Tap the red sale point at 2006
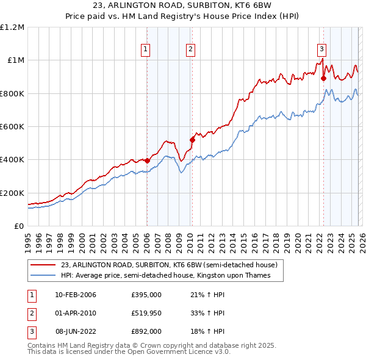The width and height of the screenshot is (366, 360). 147,160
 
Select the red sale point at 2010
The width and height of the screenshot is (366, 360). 192,140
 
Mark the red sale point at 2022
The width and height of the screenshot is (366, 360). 323,78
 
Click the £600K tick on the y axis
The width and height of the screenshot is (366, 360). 12,127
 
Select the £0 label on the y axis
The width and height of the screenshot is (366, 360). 19,226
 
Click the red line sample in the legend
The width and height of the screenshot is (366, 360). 43,265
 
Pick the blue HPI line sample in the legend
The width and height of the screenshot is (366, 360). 43,276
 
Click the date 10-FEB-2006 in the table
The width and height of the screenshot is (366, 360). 75,295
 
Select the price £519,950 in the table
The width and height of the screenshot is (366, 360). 146,313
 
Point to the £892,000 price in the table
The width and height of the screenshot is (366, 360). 146,331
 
